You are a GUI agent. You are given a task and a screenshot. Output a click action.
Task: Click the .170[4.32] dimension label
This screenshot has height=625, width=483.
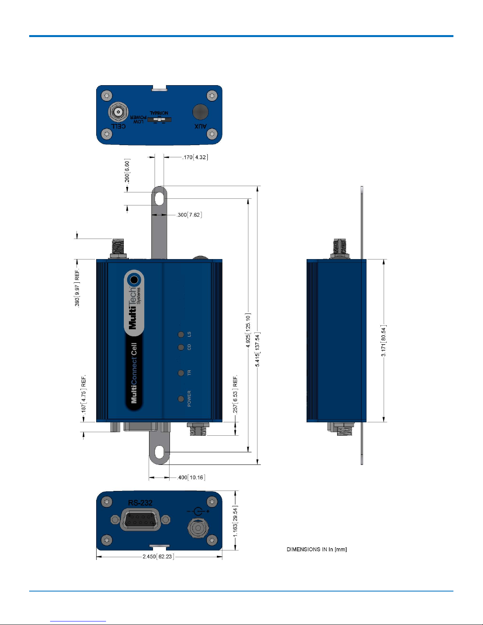[x=195, y=157]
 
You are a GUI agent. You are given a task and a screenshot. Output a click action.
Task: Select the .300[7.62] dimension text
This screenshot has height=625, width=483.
[x=189, y=215]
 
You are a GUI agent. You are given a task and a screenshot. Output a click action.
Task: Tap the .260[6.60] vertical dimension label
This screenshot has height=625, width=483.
[x=127, y=172]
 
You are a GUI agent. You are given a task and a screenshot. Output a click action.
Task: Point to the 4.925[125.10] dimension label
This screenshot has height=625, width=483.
[x=248, y=331]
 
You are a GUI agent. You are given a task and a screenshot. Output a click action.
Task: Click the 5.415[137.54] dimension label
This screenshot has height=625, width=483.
[x=257, y=349]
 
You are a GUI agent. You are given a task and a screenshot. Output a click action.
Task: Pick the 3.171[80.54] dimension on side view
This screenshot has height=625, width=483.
[x=383, y=341]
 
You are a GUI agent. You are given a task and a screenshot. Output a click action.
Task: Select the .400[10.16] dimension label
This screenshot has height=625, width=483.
[x=191, y=478]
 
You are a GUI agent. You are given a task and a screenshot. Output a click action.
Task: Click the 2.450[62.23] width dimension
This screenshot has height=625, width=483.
[x=158, y=557]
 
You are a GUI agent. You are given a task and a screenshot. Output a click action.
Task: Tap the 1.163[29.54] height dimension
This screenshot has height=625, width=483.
[x=235, y=521]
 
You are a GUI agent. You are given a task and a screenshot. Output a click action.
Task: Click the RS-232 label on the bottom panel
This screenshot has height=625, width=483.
[x=140, y=503]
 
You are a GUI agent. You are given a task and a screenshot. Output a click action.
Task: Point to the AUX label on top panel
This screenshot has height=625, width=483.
[x=200, y=126]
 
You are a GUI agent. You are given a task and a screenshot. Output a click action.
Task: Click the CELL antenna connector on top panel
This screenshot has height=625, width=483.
[x=118, y=112]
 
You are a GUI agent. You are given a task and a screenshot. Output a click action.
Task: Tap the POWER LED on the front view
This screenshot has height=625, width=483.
[x=181, y=399]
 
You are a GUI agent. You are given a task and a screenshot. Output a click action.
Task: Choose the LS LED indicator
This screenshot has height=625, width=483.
[x=181, y=334]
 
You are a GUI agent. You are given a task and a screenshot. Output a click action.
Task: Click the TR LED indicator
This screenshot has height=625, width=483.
[x=181, y=373]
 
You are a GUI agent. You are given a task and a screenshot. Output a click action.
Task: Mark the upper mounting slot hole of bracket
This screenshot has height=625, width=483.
[x=159, y=198]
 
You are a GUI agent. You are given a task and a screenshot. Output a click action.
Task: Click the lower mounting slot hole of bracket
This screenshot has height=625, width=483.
[x=159, y=452]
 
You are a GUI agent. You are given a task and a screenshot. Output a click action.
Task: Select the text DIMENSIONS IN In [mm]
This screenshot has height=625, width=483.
[x=317, y=549]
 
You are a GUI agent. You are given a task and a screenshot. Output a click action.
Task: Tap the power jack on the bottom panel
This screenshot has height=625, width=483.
[x=198, y=527]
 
